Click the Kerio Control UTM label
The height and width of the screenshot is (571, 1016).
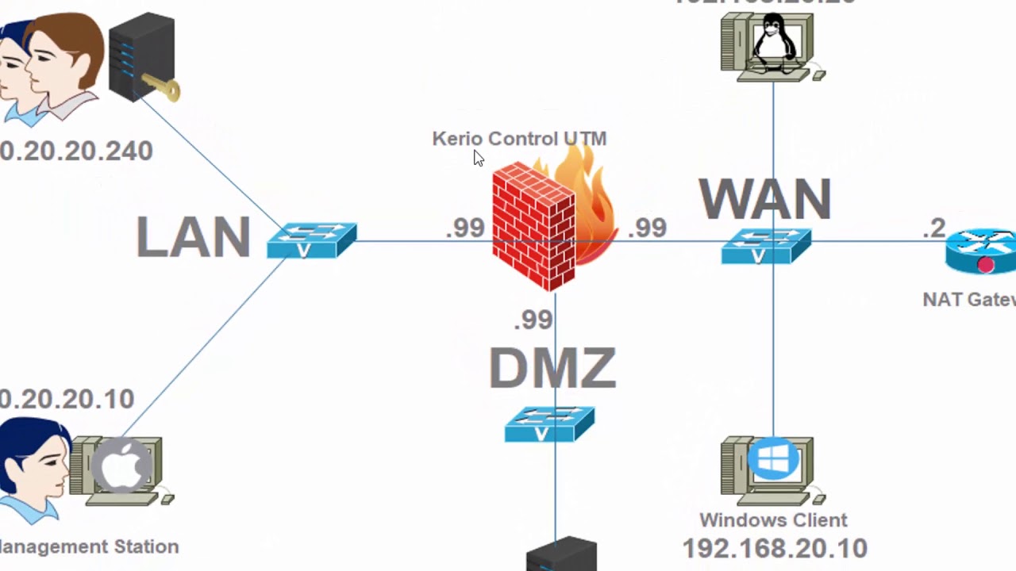click(x=519, y=139)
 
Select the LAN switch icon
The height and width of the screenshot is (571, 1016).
click(x=311, y=240)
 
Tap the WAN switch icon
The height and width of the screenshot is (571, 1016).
click(x=766, y=246)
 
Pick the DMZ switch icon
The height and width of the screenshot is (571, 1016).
click(x=549, y=423)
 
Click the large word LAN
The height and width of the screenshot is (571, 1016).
click(x=193, y=237)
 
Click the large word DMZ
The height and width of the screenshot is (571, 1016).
click(x=552, y=368)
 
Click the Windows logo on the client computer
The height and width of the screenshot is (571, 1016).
click(x=773, y=459)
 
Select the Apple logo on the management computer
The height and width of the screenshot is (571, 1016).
click(x=121, y=466)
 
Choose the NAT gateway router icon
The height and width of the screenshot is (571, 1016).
click(x=982, y=251)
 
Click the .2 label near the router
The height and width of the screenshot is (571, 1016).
click(x=934, y=228)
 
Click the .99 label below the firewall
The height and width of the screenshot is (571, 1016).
click(x=533, y=320)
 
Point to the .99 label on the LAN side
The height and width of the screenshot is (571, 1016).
click(x=464, y=228)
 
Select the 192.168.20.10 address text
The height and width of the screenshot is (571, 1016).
click(x=774, y=548)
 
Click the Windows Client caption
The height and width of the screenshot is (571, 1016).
click(x=773, y=520)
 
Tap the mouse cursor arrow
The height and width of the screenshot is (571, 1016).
click(x=479, y=158)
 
